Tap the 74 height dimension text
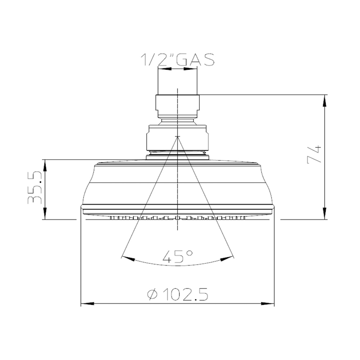[x=314, y=155]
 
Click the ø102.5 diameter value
[x=178, y=294]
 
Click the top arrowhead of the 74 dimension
[x=325, y=98]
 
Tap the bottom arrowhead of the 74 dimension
[x=325, y=216]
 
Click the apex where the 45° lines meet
[x=177, y=136]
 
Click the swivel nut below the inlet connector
[x=177, y=138]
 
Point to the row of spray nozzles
[x=177, y=219]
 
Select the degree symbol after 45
[x=189, y=252]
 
